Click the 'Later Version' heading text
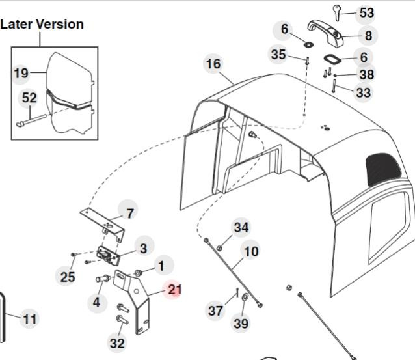click(43, 24)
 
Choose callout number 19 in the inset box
click(21, 72)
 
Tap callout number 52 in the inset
click(29, 97)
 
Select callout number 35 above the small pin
click(278, 54)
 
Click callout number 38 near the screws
click(366, 75)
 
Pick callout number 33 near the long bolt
click(363, 92)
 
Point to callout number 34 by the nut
click(241, 227)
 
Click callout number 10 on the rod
click(250, 250)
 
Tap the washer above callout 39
click(244, 298)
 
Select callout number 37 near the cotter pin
click(216, 311)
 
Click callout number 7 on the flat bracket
click(130, 213)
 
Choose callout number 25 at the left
click(68, 277)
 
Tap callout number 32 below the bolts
click(117, 343)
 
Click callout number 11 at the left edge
click(30, 319)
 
